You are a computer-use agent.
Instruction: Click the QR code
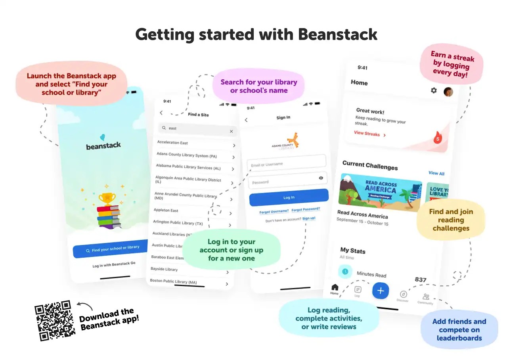tap(55, 321)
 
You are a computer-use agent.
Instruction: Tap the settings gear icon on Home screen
tap(434, 90)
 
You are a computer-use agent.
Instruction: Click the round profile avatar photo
tap(448, 92)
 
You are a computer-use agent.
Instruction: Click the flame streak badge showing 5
tap(438, 138)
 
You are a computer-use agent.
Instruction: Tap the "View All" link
tap(436, 173)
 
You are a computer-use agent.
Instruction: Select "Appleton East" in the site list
tap(166, 210)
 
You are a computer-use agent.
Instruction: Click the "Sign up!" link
tap(309, 218)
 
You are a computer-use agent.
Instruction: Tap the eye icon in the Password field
tap(321, 178)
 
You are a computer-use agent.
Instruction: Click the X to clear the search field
tap(232, 131)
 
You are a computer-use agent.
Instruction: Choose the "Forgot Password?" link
tap(306, 209)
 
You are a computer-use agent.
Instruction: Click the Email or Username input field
tap(286, 163)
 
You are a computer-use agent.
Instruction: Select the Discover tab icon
tap(403, 295)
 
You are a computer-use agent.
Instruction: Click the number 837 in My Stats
tap(421, 280)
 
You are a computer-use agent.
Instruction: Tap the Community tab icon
tap(426, 297)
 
